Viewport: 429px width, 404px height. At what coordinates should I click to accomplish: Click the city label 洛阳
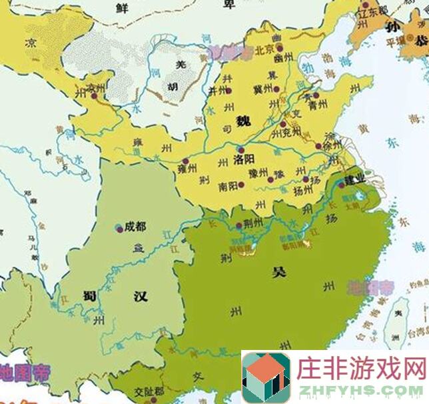click(x=244, y=160)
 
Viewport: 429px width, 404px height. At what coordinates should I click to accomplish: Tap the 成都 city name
click(x=133, y=227)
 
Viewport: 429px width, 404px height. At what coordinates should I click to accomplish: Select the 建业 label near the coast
click(x=355, y=178)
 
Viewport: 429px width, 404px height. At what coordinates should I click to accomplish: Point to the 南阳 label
click(x=228, y=187)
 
